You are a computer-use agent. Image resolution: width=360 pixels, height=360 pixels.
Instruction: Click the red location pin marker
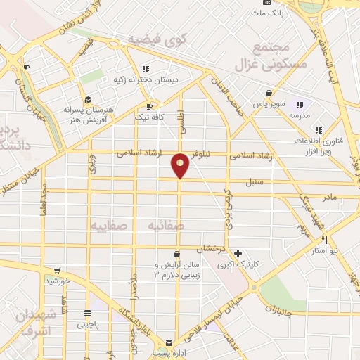click(x=181, y=165)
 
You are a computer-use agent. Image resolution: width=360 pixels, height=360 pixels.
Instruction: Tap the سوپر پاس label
click(x=271, y=105)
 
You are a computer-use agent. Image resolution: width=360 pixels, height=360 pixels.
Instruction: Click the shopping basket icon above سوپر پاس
click(x=269, y=93)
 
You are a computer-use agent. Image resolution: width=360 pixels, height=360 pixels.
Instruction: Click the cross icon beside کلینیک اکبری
click(x=238, y=253)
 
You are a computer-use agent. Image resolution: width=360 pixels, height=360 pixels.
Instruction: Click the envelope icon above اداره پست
click(x=167, y=337)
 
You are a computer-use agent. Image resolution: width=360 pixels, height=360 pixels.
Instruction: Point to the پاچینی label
click(x=89, y=325)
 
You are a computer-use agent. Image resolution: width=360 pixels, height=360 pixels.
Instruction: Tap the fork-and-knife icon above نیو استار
click(x=323, y=239)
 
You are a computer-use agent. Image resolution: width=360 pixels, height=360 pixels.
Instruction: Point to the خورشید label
click(x=58, y=281)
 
